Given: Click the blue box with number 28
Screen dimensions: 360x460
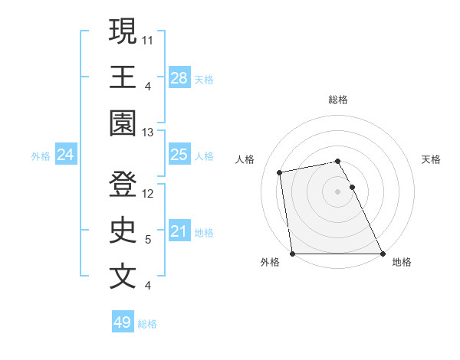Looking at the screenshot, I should pyautogui.click(x=179, y=77).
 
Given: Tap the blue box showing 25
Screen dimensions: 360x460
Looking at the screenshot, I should pyautogui.click(x=179, y=155).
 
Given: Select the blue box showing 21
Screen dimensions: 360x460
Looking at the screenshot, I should pyautogui.click(x=179, y=231).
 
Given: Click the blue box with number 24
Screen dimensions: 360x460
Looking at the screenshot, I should pyautogui.click(x=66, y=155).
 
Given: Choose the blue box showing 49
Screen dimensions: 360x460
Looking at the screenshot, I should pyautogui.click(x=123, y=322).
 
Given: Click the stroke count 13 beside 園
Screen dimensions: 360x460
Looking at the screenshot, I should pyautogui.click(x=149, y=133).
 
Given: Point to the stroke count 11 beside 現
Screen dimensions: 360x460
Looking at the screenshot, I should pyautogui.click(x=149, y=40).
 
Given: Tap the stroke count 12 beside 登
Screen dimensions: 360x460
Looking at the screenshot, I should pyautogui.click(x=149, y=194).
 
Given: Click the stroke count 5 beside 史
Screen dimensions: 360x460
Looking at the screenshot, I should pyautogui.click(x=148, y=240).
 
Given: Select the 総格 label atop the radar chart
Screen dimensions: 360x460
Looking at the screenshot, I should pyautogui.click(x=338, y=100).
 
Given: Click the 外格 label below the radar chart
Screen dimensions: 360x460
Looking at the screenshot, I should pyautogui.click(x=270, y=262).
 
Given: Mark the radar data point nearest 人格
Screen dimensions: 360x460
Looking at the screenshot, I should pyautogui.click(x=281, y=172).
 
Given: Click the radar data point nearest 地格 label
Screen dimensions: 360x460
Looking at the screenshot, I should pyautogui.click(x=382, y=253).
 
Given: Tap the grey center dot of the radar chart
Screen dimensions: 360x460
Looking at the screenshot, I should pyautogui.click(x=338, y=191).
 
